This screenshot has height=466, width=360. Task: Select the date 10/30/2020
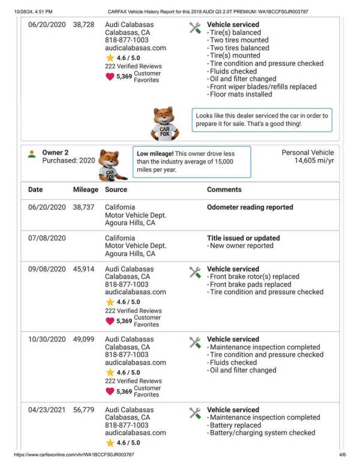(x=47, y=339)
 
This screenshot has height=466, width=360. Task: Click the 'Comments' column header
(x=224, y=190)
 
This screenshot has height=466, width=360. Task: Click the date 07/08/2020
(x=47, y=238)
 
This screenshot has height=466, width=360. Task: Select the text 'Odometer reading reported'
(x=250, y=207)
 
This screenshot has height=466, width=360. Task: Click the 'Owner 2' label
(x=55, y=153)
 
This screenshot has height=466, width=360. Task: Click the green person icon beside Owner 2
(x=32, y=154)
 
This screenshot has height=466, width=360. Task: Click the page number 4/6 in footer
(x=342, y=455)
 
